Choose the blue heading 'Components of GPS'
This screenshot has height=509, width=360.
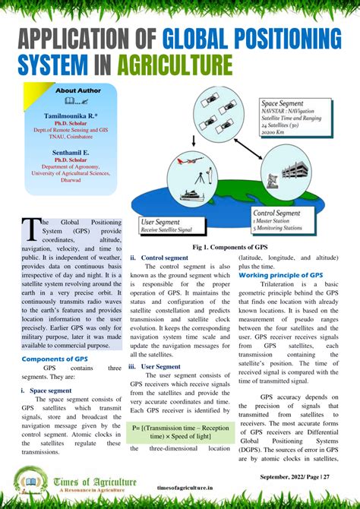pos(55,359)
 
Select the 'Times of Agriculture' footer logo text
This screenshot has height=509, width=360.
pos(95,480)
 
